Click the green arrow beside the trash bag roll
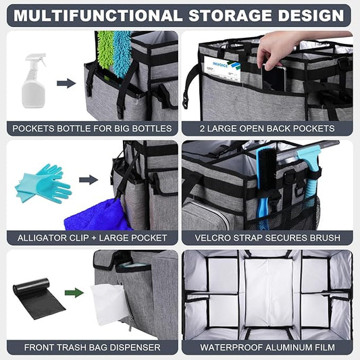[x=74, y=293]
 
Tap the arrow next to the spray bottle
[x=66, y=83]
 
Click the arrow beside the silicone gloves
[x=88, y=180]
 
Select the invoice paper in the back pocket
[x=222, y=70]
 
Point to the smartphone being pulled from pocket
[x=274, y=78]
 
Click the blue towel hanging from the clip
[x=97, y=216]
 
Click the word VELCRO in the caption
[x=213, y=238]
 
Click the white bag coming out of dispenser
[x=108, y=304]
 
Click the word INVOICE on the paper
[x=220, y=65]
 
